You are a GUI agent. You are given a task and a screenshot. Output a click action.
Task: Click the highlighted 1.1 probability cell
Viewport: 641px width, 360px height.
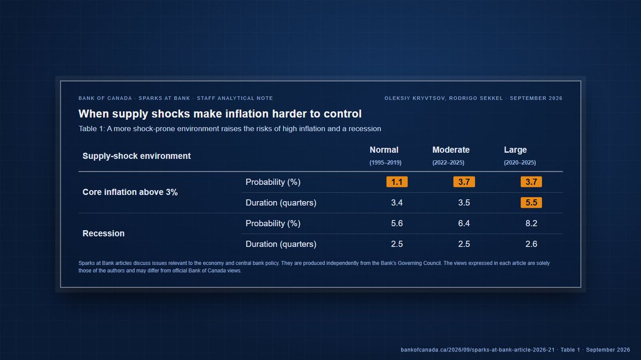(397, 182)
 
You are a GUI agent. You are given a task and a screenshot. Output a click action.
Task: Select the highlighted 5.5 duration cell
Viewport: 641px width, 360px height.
(531, 202)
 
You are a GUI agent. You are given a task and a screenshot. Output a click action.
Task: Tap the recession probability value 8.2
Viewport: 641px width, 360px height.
(531, 223)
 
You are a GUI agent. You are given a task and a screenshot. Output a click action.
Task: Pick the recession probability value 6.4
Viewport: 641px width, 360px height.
(464, 223)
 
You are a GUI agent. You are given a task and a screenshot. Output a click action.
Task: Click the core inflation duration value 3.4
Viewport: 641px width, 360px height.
(397, 202)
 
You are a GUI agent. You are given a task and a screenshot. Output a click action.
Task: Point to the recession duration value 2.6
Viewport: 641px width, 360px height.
(531, 244)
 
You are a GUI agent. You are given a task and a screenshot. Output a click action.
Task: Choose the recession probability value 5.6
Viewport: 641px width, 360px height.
(397, 223)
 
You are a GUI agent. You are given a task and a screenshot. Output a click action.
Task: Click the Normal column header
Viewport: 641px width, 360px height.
(384, 150)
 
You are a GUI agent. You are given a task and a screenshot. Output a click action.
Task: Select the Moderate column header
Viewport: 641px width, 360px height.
(451, 150)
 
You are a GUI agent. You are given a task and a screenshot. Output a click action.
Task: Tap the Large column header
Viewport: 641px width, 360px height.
(515, 150)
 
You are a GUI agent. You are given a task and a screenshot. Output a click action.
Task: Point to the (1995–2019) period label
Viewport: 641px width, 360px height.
(386, 162)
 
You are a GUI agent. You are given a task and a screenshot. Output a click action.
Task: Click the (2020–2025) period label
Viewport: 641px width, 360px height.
(520, 162)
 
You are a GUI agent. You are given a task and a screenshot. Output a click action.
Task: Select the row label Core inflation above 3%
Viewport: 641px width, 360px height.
(130, 192)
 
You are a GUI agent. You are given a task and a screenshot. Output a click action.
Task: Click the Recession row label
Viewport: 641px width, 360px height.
(104, 233)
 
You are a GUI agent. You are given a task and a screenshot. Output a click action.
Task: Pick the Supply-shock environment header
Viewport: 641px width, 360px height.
(137, 156)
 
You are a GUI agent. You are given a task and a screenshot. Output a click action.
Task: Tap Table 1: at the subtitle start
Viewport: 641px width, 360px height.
(91, 129)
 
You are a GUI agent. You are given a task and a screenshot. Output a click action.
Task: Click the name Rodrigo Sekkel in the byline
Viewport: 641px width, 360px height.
(476, 98)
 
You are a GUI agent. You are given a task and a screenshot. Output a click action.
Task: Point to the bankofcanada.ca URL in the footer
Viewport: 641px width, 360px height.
(478, 350)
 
